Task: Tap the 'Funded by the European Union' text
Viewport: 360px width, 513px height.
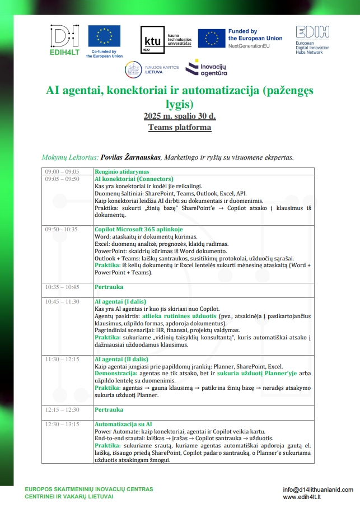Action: click(255, 35)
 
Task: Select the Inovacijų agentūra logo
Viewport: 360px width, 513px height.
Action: click(207, 69)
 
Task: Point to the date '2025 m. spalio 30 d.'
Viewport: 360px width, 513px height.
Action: click(180, 116)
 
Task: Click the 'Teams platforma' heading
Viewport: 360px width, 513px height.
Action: click(180, 127)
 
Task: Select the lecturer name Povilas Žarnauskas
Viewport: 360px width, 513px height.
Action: click(129, 158)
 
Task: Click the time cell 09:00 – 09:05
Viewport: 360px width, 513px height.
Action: click(62, 171)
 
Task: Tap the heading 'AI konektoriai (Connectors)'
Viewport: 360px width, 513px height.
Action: click(134, 179)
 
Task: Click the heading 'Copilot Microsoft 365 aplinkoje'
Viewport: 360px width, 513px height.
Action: click(138, 229)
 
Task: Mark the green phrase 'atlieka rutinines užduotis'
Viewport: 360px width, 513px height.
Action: click(183, 316)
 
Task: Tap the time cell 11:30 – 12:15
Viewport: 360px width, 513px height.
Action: click(62, 359)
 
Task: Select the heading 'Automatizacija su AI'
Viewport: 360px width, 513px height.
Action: click(123, 424)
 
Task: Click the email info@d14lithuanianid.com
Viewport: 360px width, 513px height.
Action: click(317, 489)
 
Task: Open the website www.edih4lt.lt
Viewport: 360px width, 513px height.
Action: click(306, 496)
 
